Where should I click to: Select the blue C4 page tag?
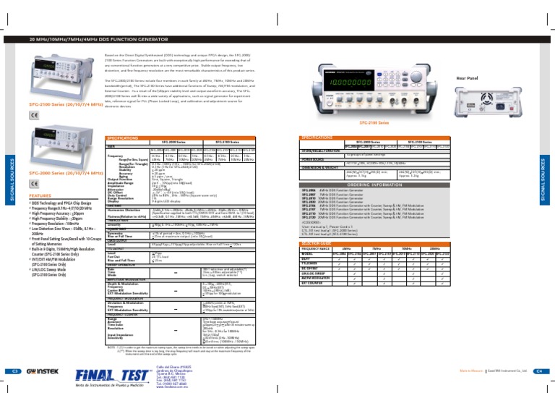coord(538,371)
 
